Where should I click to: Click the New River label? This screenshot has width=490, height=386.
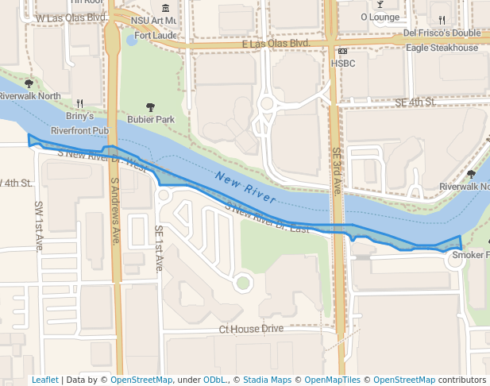point(245,184)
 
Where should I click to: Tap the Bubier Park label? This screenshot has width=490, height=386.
point(151,120)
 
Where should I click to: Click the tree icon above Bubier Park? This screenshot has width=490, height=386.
point(151,106)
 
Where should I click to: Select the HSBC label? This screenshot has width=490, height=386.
point(343,63)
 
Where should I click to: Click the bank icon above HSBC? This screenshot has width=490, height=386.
point(343,51)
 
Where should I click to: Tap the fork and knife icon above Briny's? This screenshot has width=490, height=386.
point(79,103)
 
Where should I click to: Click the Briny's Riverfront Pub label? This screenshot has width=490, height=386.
point(79,123)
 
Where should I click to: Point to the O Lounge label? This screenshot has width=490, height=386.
point(380,16)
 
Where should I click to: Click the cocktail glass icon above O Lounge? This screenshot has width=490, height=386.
point(380,4)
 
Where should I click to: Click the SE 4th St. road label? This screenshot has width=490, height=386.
point(415,102)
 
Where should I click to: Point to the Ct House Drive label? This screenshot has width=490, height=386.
point(251,329)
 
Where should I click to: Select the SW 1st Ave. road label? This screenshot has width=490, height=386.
point(39,226)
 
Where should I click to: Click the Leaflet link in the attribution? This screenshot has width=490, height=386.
point(44,380)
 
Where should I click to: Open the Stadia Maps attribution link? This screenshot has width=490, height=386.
point(267,380)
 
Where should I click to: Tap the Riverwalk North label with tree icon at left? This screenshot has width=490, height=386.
point(30,96)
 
